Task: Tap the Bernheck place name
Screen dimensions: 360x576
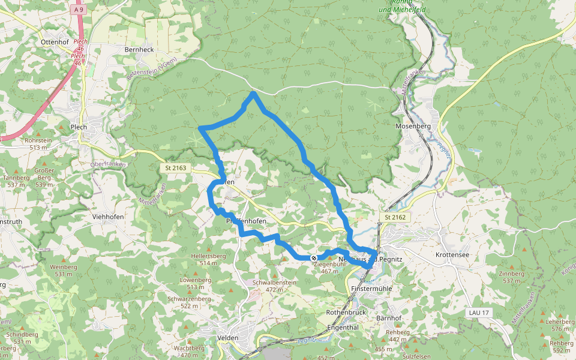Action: tap(139, 49)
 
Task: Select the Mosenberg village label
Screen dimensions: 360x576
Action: tap(413, 127)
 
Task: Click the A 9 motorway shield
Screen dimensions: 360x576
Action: tap(79, 10)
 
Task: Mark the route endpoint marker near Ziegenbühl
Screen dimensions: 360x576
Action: tap(314, 258)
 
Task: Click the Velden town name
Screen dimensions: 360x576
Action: tap(227, 338)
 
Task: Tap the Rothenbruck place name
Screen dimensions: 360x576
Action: tap(346, 313)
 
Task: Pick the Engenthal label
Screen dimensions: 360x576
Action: tap(343, 328)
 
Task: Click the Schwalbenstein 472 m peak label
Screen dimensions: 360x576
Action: tap(274, 286)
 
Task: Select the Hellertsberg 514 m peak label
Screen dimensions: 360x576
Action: tap(208, 259)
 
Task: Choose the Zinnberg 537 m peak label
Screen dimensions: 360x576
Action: tap(511, 277)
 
